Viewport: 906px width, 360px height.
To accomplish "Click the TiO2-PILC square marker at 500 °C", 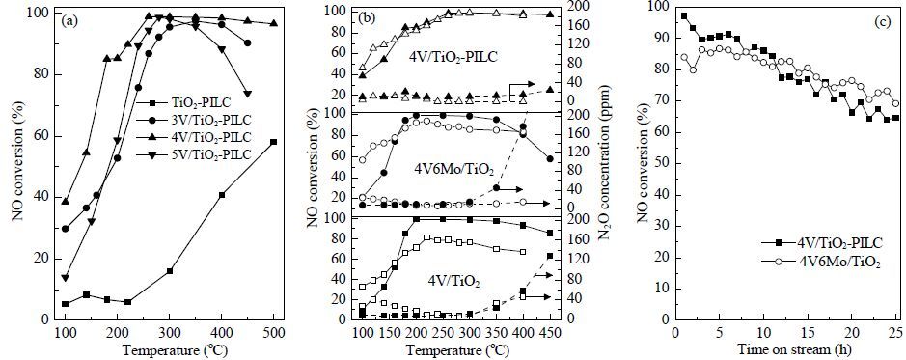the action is point(273,142).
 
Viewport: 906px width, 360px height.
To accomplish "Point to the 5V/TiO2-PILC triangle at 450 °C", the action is point(247,95).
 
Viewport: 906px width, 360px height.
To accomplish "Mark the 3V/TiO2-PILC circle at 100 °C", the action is point(66,229).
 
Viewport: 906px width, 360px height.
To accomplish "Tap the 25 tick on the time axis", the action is point(896,332).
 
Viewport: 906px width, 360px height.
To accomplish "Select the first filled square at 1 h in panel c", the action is point(684,16).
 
